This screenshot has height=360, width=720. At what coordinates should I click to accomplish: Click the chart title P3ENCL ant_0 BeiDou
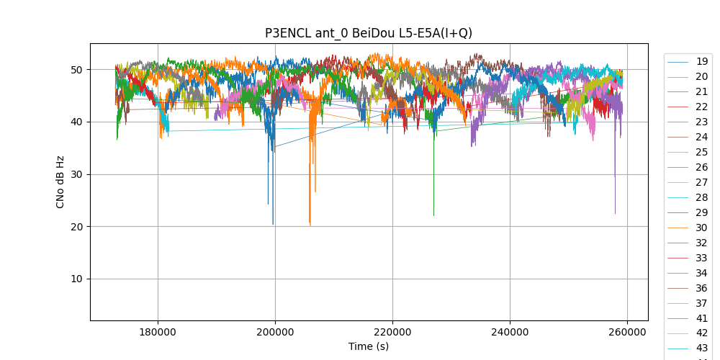click(369, 33)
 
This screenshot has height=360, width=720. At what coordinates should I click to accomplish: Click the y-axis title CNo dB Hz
click(60, 181)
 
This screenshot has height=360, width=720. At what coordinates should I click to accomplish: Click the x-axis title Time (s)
click(369, 346)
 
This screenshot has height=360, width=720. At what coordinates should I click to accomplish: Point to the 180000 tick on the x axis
click(158, 332)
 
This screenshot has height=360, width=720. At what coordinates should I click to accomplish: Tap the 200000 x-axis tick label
click(275, 332)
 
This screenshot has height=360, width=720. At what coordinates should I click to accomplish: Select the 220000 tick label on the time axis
click(392, 332)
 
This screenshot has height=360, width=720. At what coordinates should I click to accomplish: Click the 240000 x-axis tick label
click(510, 332)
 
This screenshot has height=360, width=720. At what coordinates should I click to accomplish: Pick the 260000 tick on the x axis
click(627, 332)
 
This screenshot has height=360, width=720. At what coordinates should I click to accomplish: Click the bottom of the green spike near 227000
click(433, 215)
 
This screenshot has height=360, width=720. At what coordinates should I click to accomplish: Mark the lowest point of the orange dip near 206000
click(310, 225)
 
